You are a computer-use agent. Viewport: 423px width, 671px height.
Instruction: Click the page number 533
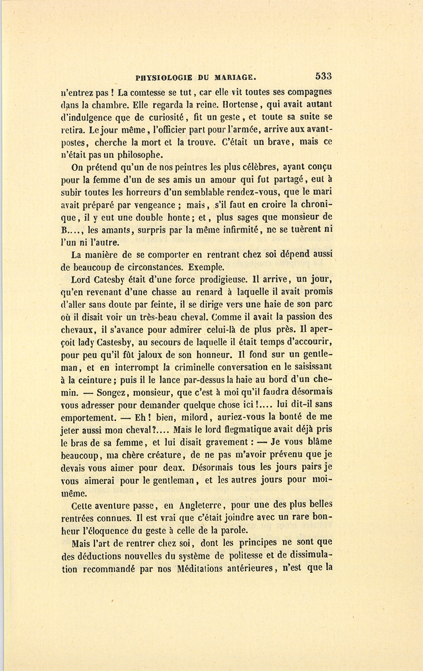click(x=324, y=76)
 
